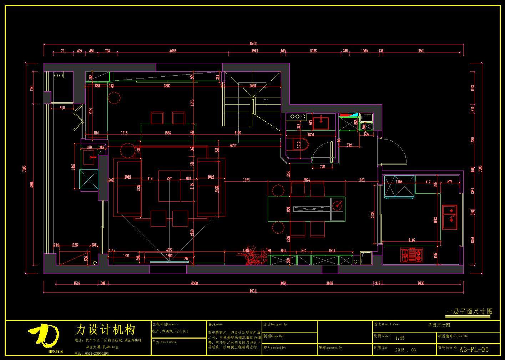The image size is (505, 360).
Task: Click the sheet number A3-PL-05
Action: (x=474, y=349)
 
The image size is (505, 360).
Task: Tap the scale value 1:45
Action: (x=400, y=338)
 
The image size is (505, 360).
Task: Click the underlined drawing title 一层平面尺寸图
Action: (x=470, y=311)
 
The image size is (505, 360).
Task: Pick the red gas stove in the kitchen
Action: (x=412, y=255)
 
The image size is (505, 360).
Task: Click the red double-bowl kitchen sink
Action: (x=450, y=217)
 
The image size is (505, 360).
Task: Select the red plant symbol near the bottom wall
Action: (x=254, y=255)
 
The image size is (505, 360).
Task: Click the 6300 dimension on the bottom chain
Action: (x=195, y=284)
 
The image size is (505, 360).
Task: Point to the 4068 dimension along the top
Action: (x=172, y=51)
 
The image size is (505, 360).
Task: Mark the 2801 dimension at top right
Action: (x=421, y=51)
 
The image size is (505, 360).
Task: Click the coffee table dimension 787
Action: (x=169, y=178)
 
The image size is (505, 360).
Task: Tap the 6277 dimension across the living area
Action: (x=233, y=145)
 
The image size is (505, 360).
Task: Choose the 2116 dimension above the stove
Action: (x=411, y=240)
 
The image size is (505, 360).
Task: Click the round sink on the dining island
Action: (x=337, y=205)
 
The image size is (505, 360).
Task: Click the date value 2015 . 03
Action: (x=405, y=350)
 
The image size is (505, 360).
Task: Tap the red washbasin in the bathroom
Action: (x=320, y=123)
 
